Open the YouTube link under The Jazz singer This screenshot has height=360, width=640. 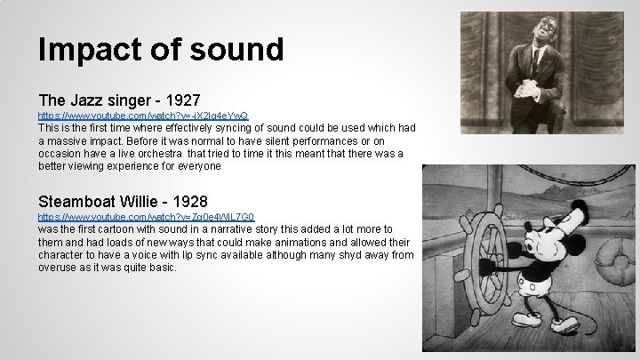pos(143,116)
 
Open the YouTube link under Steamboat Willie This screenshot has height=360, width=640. pos(146,217)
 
